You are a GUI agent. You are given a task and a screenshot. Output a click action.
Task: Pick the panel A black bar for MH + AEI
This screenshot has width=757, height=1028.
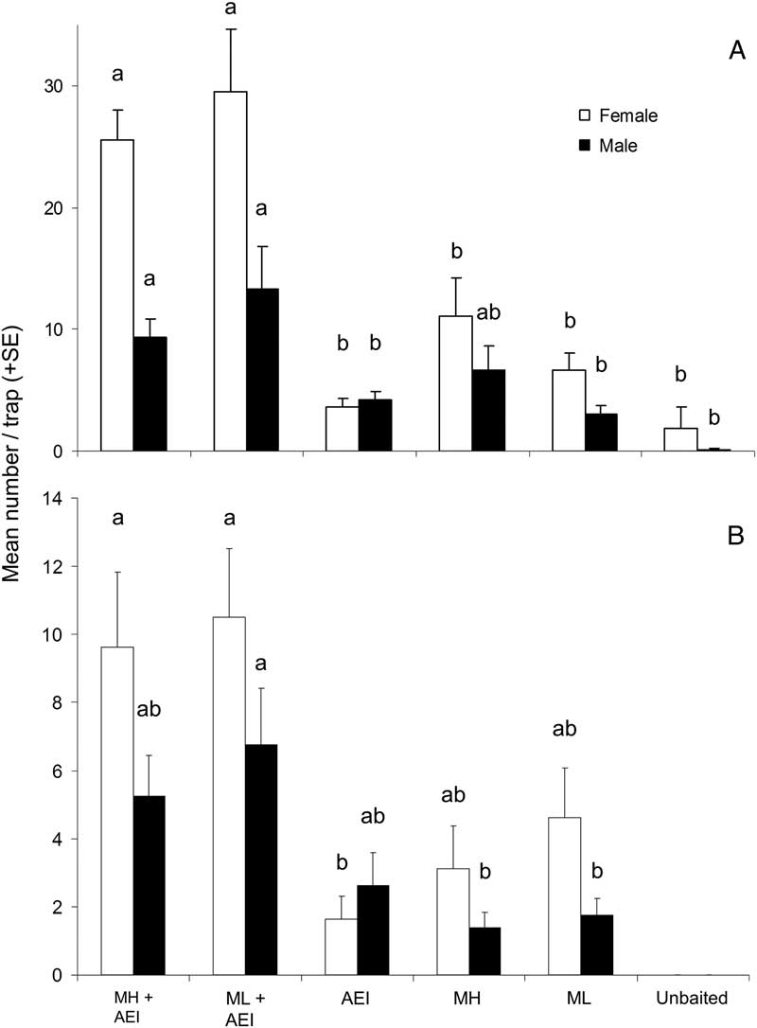[x=150, y=394]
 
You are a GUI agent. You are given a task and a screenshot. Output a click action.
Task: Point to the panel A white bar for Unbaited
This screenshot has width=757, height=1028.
[x=680, y=439]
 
